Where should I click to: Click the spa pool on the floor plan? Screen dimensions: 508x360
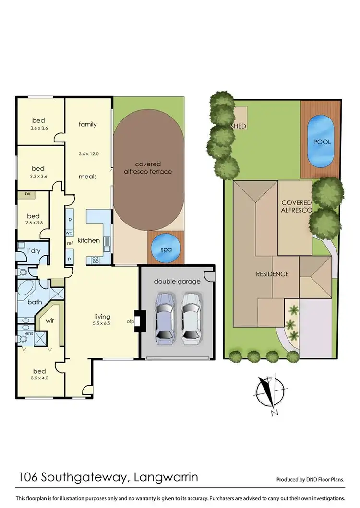coord(165,248)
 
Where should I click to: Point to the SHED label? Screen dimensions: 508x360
coord(239,126)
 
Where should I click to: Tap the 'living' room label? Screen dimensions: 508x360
coord(102,317)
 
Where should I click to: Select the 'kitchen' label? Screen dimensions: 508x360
coord(88,240)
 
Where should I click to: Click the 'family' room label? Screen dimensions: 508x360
coord(88,124)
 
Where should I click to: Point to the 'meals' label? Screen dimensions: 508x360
coord(88,177)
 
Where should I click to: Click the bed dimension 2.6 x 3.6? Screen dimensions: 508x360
coord(33,223)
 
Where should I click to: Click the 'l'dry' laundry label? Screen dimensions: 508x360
coord(34,251)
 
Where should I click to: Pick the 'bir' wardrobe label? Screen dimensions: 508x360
coord(22,194)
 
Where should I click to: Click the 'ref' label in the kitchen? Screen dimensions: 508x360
coord(70,243)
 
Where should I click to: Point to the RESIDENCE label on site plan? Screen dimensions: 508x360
coord(272,274)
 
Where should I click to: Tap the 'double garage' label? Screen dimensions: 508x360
coord(177,281)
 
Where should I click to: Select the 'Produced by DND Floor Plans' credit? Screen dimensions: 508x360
coord(311,479)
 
